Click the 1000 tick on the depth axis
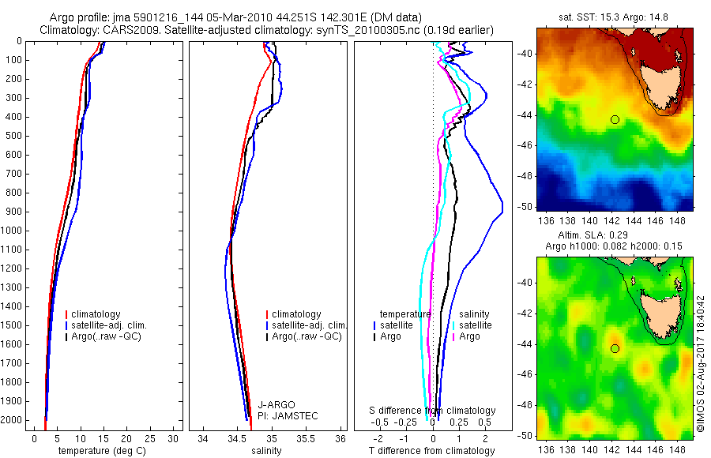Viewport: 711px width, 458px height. tap(12, 231)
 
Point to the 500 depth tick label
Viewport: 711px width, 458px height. tap(12, 136)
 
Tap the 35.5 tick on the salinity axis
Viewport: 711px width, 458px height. tap(307, 438)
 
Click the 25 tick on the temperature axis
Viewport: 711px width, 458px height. tap(150, 438)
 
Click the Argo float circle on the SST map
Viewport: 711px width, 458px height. tap(615, 119)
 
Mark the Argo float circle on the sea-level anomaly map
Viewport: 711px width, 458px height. tap(615, 348)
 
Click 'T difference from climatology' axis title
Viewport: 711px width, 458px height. tap(431, 452)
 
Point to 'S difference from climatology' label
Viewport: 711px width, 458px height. tap(433, 411)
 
